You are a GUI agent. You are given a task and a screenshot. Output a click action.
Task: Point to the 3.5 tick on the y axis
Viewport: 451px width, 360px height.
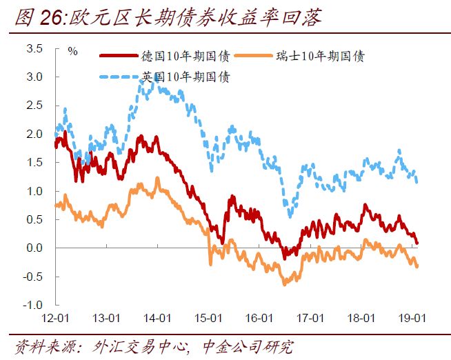click(34, 49)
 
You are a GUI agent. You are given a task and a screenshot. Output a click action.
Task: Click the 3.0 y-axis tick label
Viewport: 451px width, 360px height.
click(34, 77)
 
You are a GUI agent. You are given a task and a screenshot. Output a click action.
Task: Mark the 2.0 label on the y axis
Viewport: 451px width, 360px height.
click(34, 134)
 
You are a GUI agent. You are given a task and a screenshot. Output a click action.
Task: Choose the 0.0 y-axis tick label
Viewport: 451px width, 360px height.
click(34, 248)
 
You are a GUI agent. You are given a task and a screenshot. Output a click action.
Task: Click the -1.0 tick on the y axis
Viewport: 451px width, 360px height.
click(32, 305)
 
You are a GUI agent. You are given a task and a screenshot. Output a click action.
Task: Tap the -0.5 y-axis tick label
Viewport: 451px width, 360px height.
click(32, 277)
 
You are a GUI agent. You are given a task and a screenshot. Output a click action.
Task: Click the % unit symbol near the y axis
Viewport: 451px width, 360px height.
click(72, 50)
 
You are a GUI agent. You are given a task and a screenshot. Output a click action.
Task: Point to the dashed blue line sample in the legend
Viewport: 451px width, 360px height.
click(120, 77)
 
